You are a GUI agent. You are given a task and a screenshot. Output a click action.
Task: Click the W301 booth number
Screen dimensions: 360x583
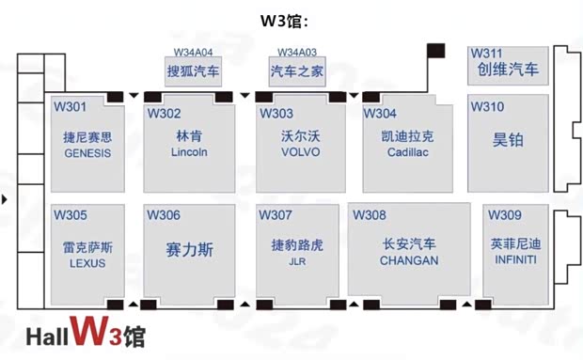(70, 107)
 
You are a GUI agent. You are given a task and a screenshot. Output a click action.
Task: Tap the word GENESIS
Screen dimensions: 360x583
(87, 153)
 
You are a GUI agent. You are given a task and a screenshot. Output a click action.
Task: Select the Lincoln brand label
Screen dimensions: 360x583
(189, 152)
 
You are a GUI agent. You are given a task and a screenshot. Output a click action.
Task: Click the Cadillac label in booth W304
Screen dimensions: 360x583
(408, 153)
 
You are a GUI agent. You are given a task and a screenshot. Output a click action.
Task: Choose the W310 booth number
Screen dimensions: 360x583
(487, 107)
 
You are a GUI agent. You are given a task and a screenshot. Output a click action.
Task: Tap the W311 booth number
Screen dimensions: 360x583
(487, 53)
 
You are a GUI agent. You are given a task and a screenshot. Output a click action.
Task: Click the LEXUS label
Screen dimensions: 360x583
(87, 263)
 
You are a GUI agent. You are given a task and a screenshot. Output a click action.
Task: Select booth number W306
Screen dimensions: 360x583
(163, 215)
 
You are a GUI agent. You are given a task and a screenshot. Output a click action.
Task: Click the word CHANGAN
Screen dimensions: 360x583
(409, 261)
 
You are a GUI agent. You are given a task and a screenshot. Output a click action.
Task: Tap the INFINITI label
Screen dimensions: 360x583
(515, 259)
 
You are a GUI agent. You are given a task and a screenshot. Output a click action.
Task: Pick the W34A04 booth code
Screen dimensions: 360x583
(193, 53)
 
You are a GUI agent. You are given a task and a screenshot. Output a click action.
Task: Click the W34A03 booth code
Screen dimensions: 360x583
(297, 53)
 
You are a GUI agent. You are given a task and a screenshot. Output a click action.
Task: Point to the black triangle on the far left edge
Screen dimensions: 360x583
(6, 199)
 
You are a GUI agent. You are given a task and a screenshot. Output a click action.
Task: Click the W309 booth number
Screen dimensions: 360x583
(506, 215)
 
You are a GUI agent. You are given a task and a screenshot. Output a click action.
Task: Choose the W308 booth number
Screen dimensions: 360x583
(370, 215)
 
